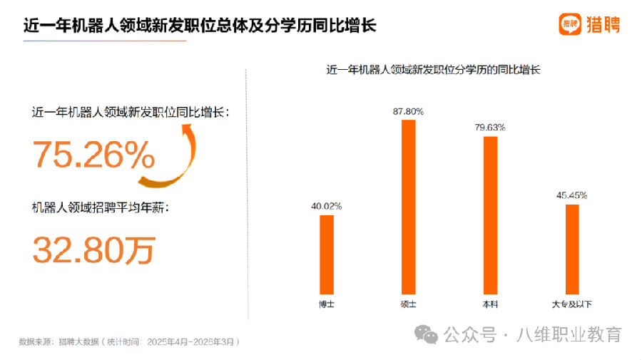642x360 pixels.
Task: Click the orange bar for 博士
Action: [327, 253]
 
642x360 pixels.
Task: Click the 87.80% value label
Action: [408, 111]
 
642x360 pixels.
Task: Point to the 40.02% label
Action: [326, 206]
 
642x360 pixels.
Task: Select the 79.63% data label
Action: [490, 128]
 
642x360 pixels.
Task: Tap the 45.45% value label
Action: [572, 195]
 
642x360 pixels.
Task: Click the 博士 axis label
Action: [327, 304]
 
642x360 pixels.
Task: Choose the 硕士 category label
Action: [408, 304]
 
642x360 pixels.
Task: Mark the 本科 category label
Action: [490, 304]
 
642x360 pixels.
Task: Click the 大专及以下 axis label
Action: [572, 304]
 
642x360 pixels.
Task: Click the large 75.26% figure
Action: [93, 155]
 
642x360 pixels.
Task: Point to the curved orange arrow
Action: [175, 153]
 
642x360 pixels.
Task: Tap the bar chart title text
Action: [433, 70]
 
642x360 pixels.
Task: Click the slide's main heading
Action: [200, 26]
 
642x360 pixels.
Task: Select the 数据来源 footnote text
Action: [128, 341]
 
